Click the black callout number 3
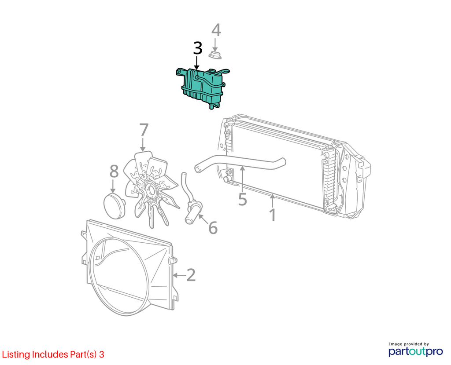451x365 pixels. (x=198, y=48)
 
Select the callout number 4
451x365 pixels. (x=216, y=30)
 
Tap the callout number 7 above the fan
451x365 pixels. (x=144, y=130)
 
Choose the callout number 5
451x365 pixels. (x=243, y=199)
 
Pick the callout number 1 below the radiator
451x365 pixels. (x=272, y=215)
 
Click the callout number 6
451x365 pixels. (x=213, y=228)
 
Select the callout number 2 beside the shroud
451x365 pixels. (x=191, y=275)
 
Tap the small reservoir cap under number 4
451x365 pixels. (x=215, y=55)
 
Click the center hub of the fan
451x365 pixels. (x=151, y=190)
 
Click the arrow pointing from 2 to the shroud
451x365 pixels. (x=179, y=275)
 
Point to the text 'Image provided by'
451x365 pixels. (x=409, y=344)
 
